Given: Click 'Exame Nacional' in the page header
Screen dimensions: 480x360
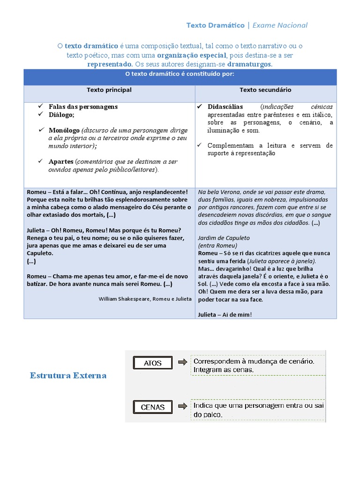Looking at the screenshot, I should point(280,25).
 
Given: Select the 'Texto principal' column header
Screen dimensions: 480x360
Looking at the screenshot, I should point(109,90).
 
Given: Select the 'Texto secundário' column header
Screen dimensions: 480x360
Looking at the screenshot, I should point(265,90).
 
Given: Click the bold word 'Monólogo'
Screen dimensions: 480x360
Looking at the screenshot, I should point(64,130).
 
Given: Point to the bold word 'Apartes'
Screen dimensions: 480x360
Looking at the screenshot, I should point(61,162).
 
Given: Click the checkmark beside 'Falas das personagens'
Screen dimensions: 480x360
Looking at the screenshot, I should point(41,106).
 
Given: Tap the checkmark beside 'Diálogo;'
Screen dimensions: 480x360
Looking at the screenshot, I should point(41,114).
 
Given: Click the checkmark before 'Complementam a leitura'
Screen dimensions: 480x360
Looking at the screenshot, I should point(200,145).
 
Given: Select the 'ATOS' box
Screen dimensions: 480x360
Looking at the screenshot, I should point(153,363).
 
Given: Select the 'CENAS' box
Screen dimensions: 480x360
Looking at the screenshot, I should point(153,407).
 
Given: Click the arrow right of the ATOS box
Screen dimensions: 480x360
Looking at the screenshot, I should point(182,362).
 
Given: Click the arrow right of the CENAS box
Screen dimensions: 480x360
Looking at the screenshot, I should point(182,406).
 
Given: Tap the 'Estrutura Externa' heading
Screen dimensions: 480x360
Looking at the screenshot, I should point(68,375).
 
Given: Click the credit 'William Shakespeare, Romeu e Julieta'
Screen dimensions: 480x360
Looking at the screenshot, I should point(145,299).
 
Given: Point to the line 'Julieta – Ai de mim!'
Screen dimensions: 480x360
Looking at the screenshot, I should point(225,315).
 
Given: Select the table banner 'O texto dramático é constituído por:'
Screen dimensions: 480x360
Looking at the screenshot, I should point(180,74).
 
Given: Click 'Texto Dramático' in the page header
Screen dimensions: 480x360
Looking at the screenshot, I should point(215,25).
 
